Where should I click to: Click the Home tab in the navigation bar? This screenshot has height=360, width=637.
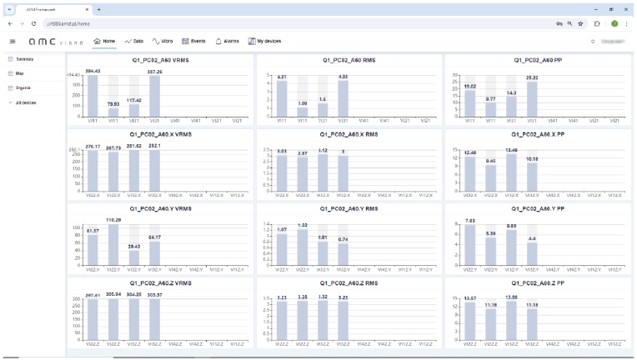coord(104,40)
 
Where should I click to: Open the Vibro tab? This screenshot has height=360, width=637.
coord(162,40)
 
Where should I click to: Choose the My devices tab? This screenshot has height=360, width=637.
coord(264,40)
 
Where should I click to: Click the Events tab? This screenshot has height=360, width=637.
coord(194,40)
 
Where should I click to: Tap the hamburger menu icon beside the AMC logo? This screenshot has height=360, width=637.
coord(13,40)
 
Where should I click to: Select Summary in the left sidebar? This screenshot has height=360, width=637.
coord(24,59)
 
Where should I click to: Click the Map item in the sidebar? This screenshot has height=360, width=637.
coord(20,73)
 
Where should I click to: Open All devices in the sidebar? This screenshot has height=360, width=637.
coord(25,102)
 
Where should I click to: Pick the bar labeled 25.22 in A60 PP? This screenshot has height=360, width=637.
coord(532,97)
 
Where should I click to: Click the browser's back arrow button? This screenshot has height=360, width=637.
coord(10,23)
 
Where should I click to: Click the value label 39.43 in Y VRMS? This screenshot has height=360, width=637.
coord(134,247)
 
